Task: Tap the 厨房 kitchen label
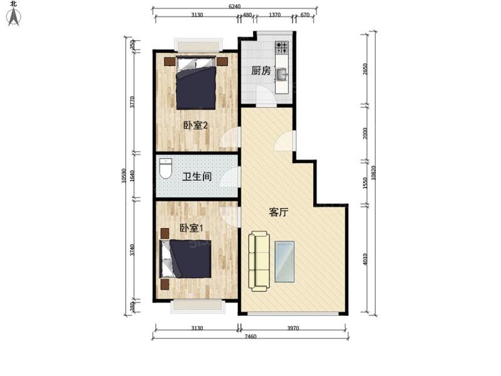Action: click(x=261, y=71)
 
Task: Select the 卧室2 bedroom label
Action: click(x=195, y=125)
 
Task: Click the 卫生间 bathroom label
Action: click(x=196, y=177)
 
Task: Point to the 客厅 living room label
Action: click(x=278, y=212)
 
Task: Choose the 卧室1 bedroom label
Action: click(x=191, y=228)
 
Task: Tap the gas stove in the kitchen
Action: click(x=282, y=48)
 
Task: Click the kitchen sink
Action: click(x=282, y=75)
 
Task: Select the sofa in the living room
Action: click(x=259, y=261)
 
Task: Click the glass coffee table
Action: click(x=286, y=260)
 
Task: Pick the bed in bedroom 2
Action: click(x=196, y=83)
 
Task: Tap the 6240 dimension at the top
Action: click(x=234, y=6)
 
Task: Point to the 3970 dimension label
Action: click(x=294, y=328)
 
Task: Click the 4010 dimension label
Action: click(x=366, y=258)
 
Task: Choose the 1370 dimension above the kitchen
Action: click(x=274, y=15)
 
